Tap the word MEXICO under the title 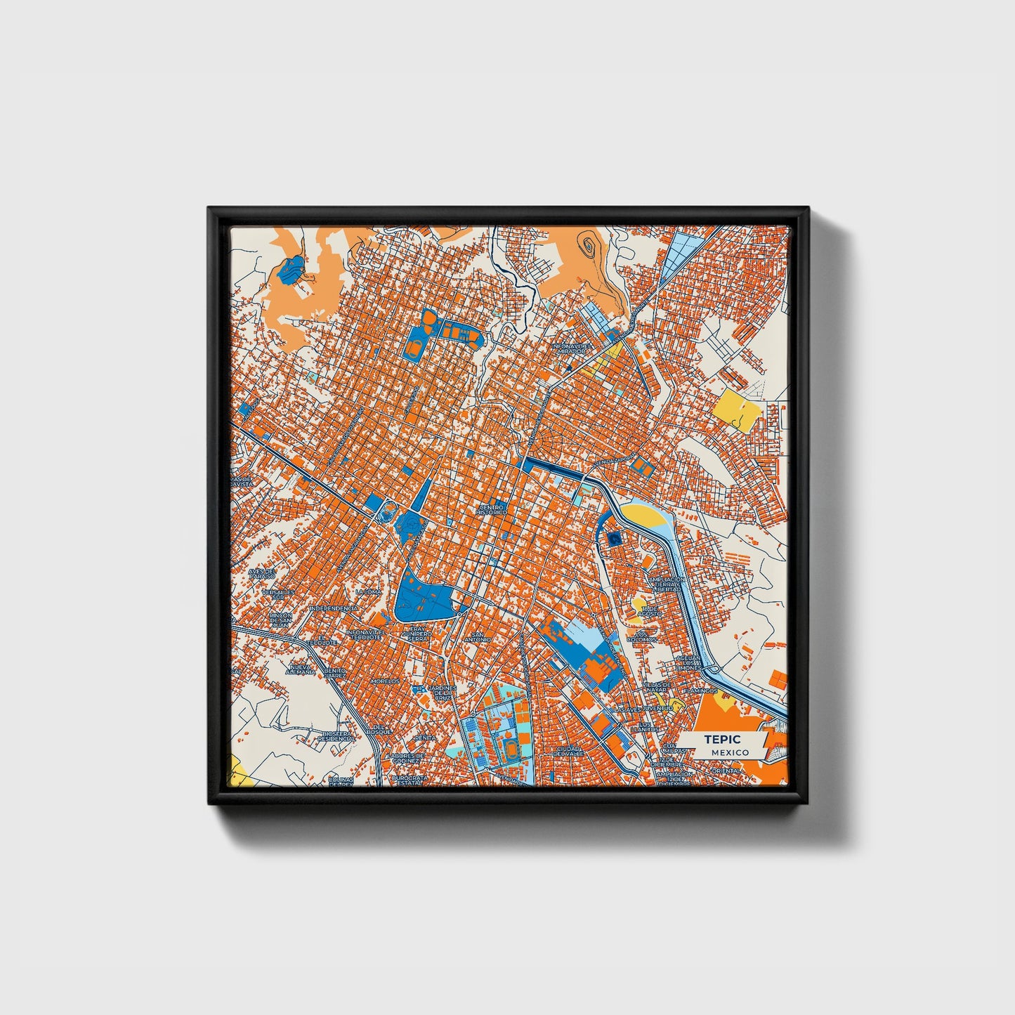[729, 752]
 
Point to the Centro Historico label [491, 509]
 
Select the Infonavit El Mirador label [573, 348]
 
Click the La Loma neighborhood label [368, 591]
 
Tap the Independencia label [334, 608]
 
